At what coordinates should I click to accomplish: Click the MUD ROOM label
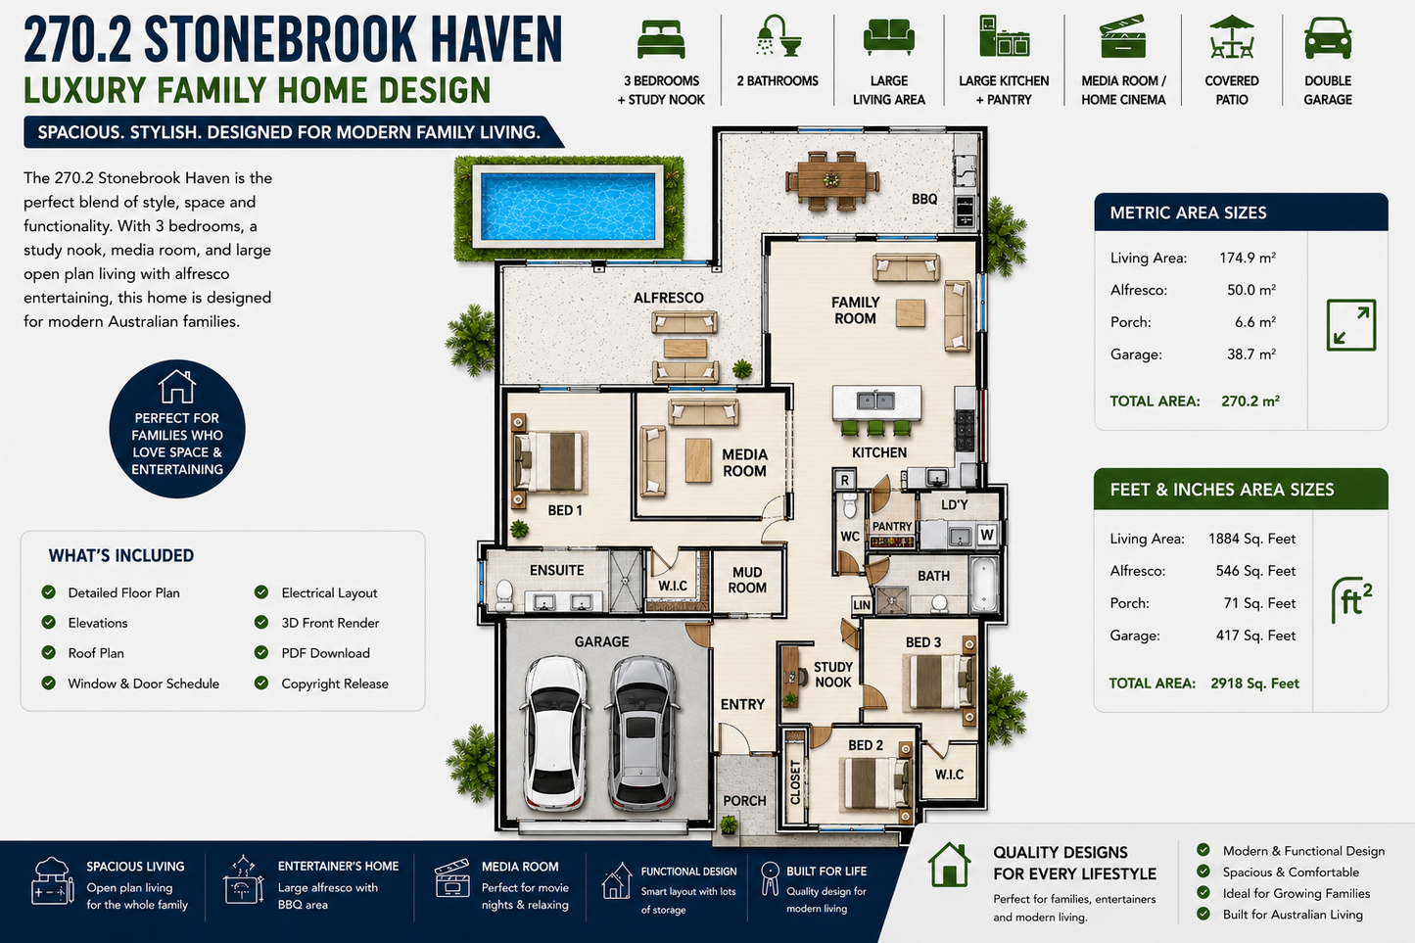746,580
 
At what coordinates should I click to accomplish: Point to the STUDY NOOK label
832,675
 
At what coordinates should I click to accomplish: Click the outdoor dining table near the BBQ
832,180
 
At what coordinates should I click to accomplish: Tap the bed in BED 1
548,461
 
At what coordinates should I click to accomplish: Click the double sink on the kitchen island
875,401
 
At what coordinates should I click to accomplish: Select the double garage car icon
1328,38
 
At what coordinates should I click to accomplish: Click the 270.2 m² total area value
1250,401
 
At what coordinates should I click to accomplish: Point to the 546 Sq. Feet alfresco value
1255,571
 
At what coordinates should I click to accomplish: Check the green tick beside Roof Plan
49,652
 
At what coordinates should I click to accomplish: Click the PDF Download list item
325,653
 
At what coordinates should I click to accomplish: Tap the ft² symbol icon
1351,600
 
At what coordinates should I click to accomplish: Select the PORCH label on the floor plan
744,800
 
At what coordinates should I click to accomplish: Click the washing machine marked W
987,535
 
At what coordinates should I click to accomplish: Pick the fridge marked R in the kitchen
844,480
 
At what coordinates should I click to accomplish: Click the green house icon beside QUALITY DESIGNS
949,865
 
